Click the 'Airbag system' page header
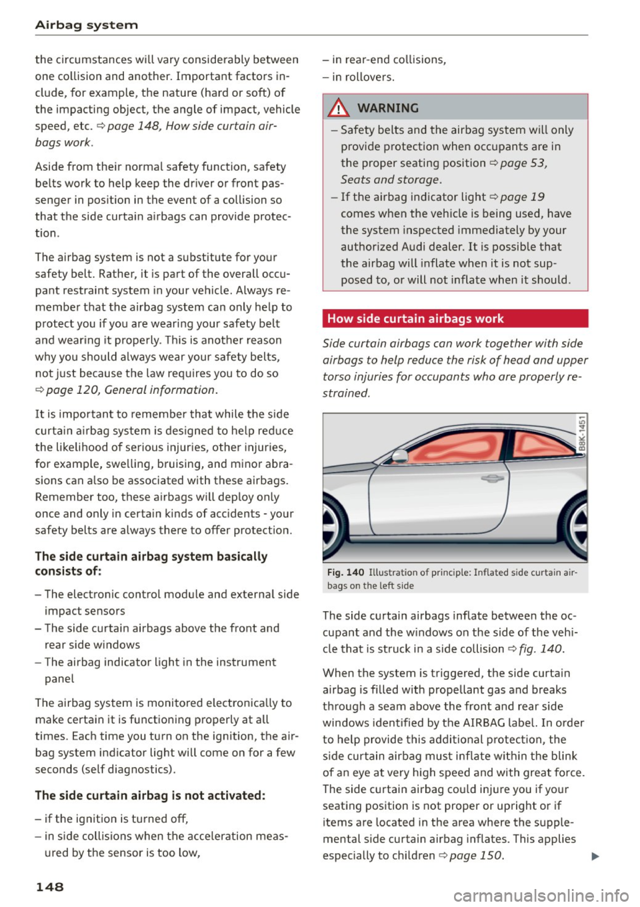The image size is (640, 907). click(x=86, y=25)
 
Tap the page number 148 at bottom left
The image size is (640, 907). click(x=49, y=886)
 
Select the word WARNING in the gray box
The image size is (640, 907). click(x=388, y=108)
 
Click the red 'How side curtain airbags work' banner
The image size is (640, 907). click(x=455, y=319)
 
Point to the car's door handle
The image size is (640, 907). click(x=492, y=478)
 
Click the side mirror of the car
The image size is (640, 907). click(x=399, y=456)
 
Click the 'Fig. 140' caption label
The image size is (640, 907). click(x=345, y=572)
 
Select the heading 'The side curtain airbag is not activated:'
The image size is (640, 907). click(x=150, y=795)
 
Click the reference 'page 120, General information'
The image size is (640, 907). click(x=131, y=390)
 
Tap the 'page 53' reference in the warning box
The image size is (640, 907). click(x=523, y=163)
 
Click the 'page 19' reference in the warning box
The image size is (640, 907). click(x=521, y=197)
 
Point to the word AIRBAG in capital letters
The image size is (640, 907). click(x=487, y=722)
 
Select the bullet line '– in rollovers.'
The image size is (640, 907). click(x=359, y=77)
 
